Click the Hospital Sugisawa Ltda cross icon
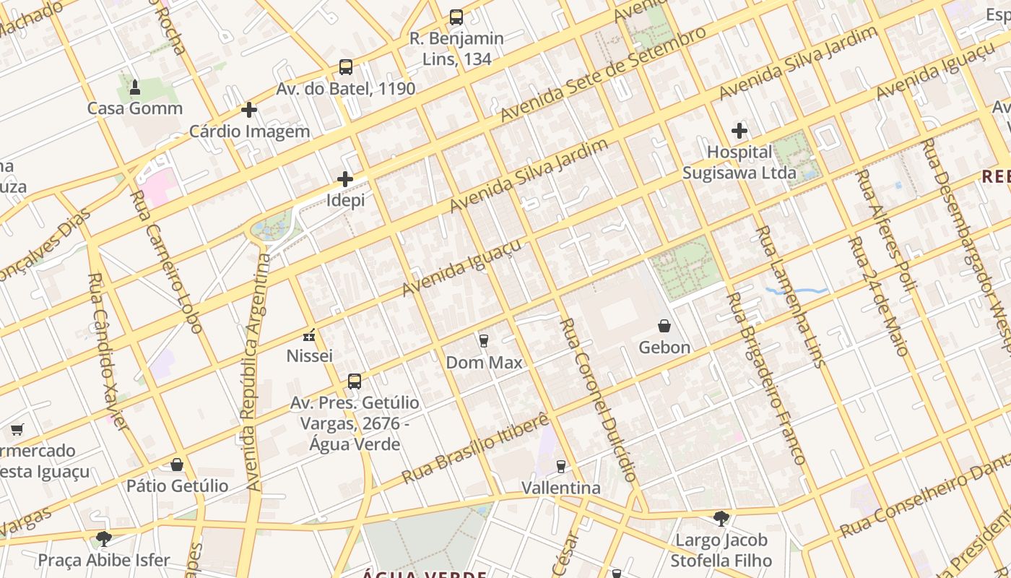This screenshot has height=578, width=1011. click(739, 131)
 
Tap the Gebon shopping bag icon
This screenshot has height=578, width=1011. click(664, 327)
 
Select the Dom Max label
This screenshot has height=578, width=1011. click(484, 362)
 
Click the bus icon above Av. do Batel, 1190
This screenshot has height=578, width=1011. click(346, 67)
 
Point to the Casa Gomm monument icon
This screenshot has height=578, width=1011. click(135, 87)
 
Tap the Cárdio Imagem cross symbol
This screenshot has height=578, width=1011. click(249, 110)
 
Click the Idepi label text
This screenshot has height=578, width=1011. click(346, 200)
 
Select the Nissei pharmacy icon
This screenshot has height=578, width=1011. click(309, 335)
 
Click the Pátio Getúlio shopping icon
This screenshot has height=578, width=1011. click(177, 465)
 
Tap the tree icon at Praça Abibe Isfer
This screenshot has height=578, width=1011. click(104, 538)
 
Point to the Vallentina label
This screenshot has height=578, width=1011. click(561, 488)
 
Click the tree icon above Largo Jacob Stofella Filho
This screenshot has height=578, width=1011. click(721, 518)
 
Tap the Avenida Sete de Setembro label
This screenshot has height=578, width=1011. click(603, 75)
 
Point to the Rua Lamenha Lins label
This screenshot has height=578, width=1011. click(790, 297)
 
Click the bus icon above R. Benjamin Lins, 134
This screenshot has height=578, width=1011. click(456, 17)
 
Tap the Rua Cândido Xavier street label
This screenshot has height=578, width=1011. click(108, 351)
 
